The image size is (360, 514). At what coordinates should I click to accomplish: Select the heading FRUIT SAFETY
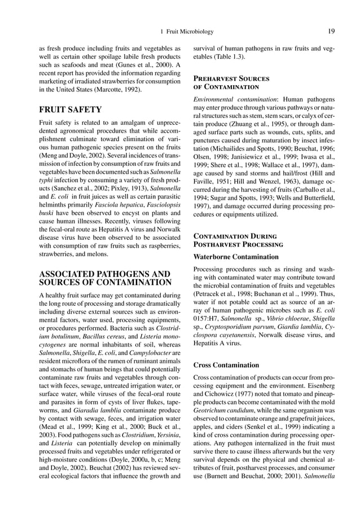(x=69, y=109)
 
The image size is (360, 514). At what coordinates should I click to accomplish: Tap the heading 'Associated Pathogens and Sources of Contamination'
(x=104, y=278)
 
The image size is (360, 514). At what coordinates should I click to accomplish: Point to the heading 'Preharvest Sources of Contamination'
(x=231, y=83)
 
